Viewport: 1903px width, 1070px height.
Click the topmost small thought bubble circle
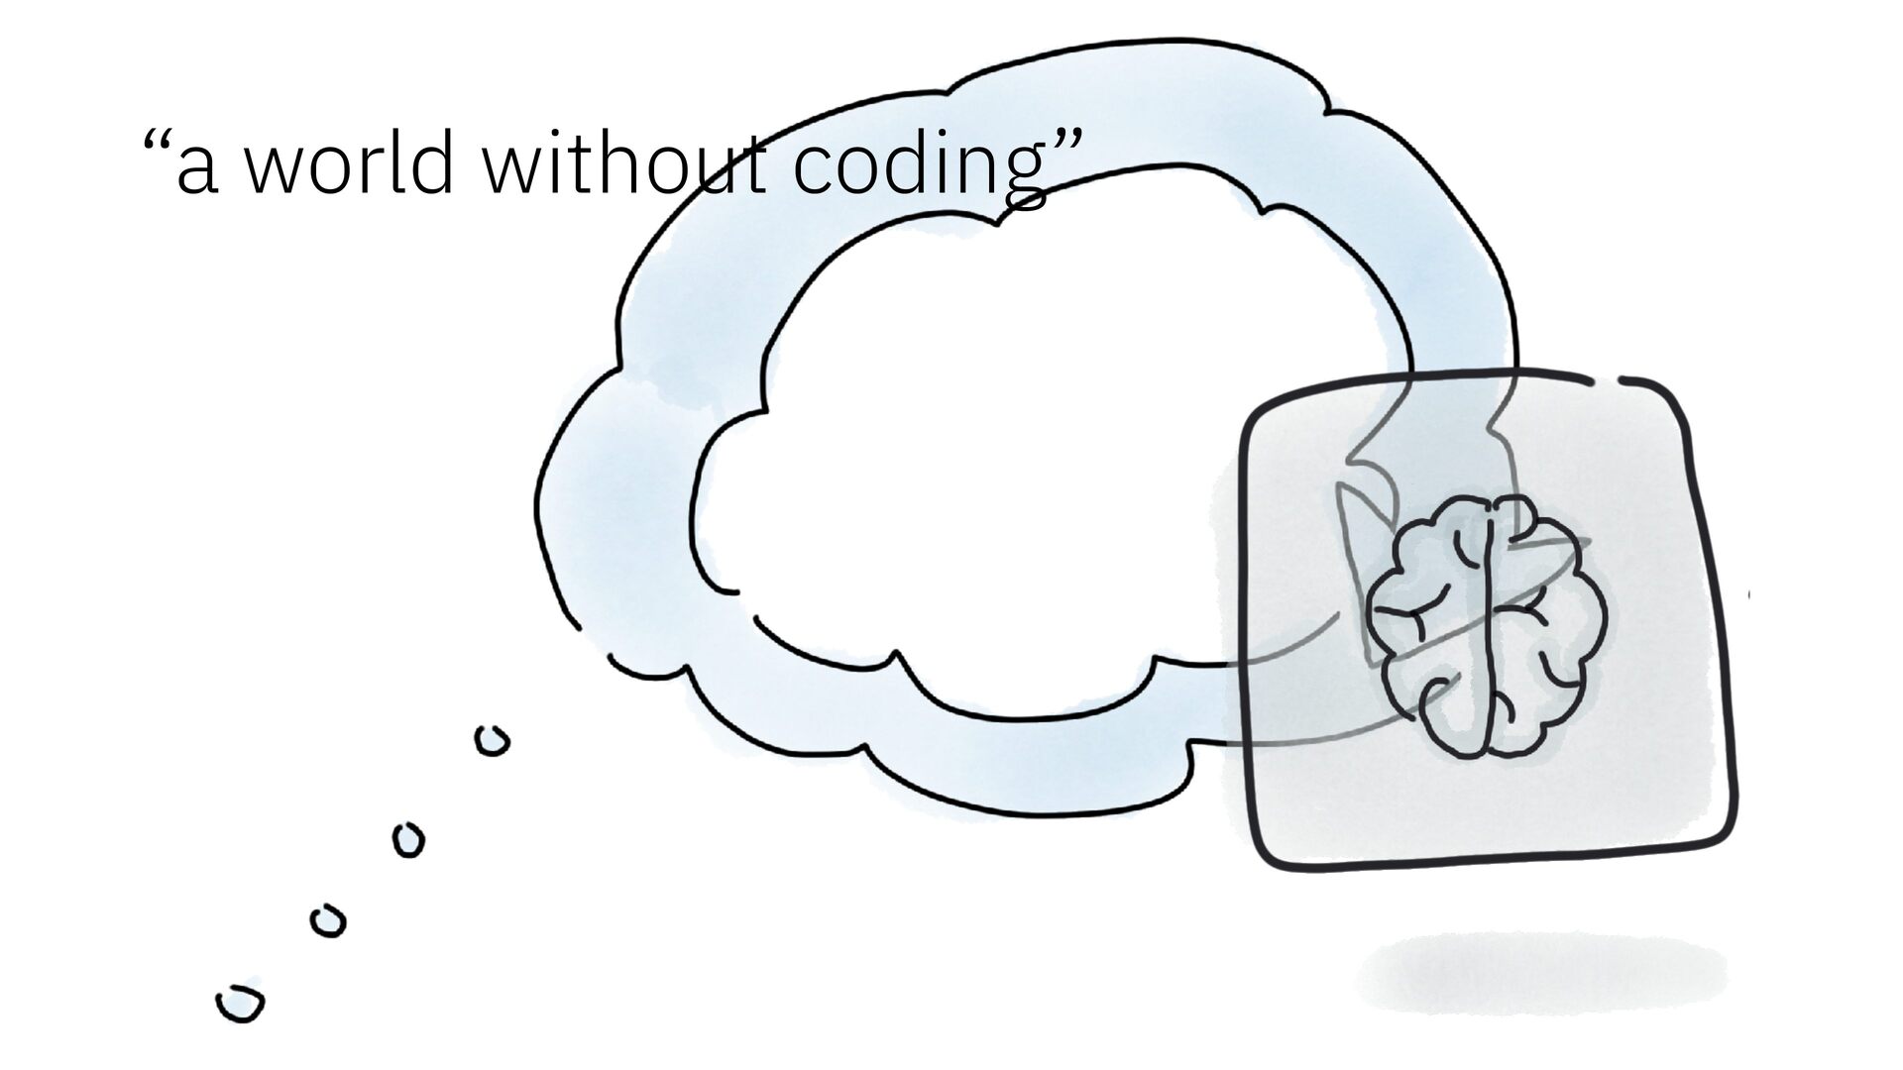point(493,741)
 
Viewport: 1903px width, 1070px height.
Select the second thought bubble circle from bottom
point(328,921)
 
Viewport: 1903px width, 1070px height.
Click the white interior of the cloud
point(991,446)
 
